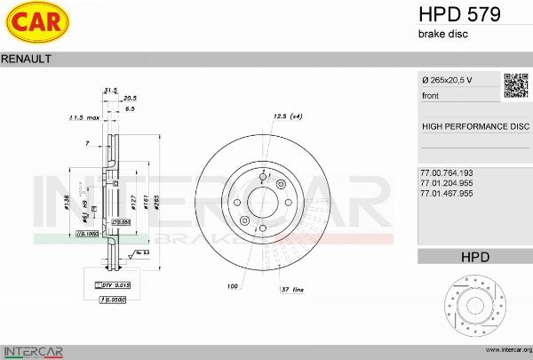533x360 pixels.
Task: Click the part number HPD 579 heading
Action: tap(458, 14)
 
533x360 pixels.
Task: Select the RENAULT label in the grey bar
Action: tap(28, 59)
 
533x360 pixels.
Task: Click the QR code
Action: tap(516, 85)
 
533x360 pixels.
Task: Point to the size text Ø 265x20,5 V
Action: tap(447, 81)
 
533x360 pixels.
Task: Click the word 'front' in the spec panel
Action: tap(431, 95)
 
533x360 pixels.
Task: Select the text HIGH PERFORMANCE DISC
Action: tap(474, 126)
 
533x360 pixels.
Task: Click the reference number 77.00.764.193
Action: tap(447, 172)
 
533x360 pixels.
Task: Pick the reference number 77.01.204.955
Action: tap(447, 182)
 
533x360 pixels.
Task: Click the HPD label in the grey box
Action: tap(474, 257)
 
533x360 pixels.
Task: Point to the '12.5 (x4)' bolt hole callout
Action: tap(289, 116)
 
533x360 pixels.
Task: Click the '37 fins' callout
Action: tap(293, 290)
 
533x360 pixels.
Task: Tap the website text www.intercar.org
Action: tap(503, 350)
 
